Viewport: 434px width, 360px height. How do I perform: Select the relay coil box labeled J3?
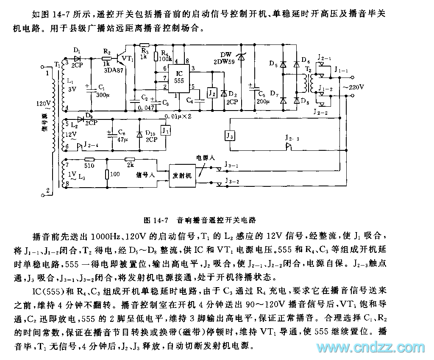[230, 136]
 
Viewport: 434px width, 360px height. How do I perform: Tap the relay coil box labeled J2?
[211, 93]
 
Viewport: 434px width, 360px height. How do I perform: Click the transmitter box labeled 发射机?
[183, 174]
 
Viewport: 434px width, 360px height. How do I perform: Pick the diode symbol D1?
[77, 58]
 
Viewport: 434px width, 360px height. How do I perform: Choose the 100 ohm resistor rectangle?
[106, 174]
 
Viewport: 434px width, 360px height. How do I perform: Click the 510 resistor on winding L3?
[89, 161]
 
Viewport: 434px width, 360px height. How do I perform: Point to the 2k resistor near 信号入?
[129, 161]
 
